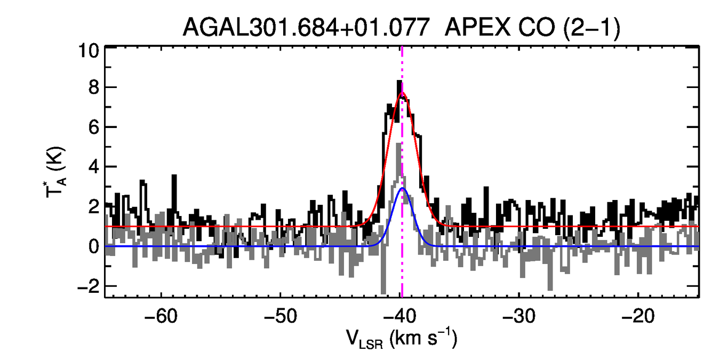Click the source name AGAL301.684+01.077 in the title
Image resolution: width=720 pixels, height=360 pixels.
click(306, 28)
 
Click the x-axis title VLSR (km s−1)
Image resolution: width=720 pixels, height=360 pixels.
click(401, 340)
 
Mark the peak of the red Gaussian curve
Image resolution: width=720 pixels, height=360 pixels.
click(402, 93)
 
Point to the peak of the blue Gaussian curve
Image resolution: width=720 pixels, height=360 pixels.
click(403, 188)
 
